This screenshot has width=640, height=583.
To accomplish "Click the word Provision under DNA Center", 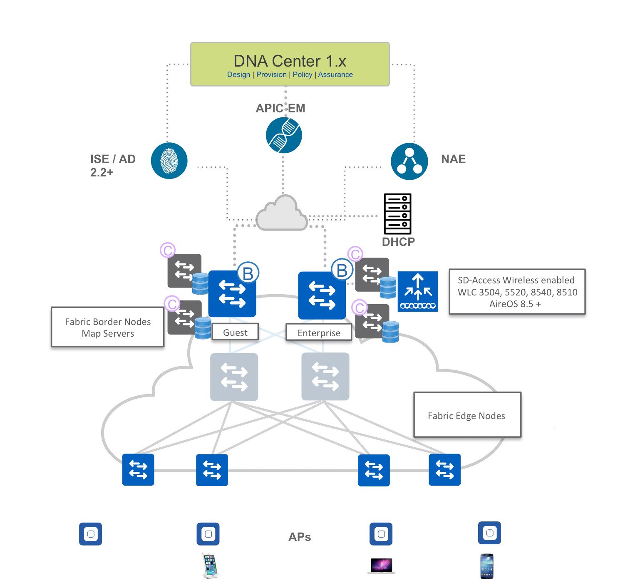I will coord(271,74).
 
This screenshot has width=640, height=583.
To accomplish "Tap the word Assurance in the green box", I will coord(335,74).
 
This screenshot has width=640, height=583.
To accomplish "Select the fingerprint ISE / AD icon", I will coord(169,161).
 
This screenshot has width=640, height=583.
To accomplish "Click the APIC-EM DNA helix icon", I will coord(284,135).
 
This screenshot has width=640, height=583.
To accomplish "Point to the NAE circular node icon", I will coord(409,161).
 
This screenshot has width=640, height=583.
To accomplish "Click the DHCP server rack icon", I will coord(397,214).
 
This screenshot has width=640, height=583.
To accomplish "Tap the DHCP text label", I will coord(398,242).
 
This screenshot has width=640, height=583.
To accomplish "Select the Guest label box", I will coord(235,332).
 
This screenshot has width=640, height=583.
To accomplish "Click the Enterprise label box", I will coord(319,333).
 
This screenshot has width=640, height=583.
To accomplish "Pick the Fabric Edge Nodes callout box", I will coord(467,415).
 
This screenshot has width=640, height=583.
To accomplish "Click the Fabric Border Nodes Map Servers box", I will coord(108,327).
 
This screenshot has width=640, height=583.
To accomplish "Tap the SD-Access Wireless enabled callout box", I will coord(517,292).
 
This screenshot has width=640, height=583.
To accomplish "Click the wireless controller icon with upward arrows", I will coord(418,291).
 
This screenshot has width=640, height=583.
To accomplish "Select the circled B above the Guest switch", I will coord(248,273).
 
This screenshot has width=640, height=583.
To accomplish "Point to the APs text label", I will coord(300,537).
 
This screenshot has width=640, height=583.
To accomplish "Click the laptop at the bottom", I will coord(381,566).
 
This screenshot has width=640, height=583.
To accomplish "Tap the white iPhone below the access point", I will coord(210,565).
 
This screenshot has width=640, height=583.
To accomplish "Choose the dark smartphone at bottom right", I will coord(487,566).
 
